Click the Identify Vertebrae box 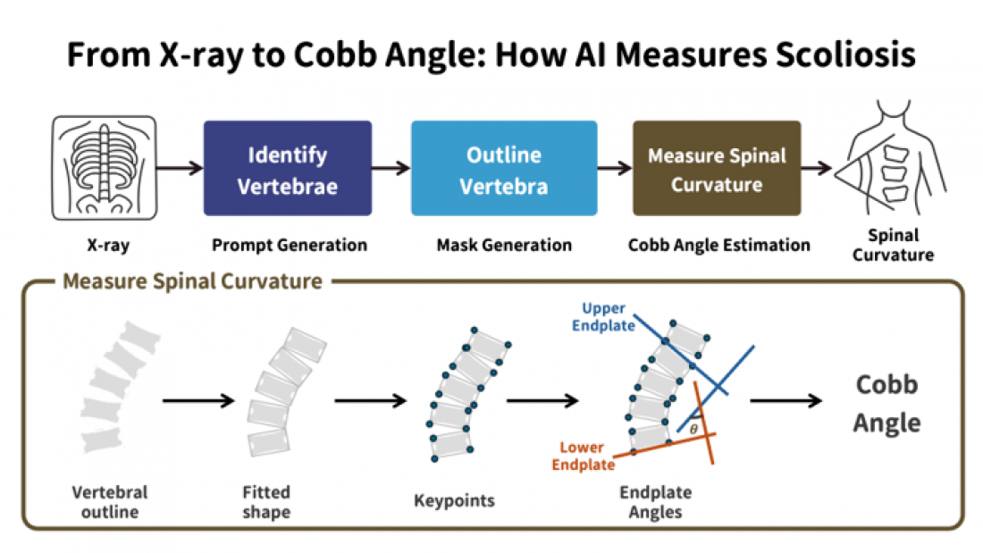[x=288, y=168]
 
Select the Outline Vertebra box [x=504, y=168]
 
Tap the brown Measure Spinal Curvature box [x=717, y=168]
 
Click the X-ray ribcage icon [x=104, y=168]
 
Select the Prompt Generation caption [x=290, y=245]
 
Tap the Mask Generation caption [x=504, y=245]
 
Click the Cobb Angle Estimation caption [x=719, y=245]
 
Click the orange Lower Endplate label [x=583, y=456]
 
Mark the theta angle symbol [x=693, y=430]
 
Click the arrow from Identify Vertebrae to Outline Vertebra [x=391, y=167]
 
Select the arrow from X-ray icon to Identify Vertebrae [x=180, y=167]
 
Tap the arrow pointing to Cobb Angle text [x=786, y=400]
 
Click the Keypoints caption [x=454, y=500]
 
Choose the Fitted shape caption [x=266, y=501]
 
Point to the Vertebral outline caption [x=110, y=501]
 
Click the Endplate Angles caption [x=655, y=501]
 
